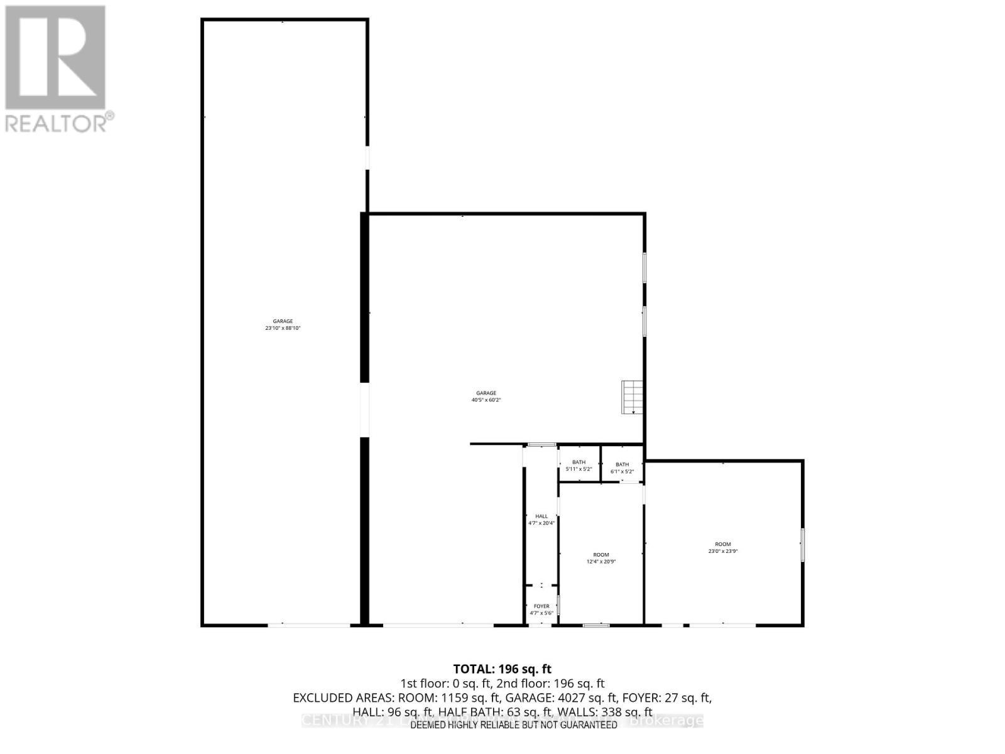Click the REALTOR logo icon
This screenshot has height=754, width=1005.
pos(55,57)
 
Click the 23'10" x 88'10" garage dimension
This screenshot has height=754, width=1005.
pos(283,328)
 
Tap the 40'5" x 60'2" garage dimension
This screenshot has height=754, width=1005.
pos(486,400)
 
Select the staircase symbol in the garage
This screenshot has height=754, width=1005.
pos(633,397)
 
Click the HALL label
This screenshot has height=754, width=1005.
pos(541,516)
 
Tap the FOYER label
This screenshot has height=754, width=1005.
pos(541,606)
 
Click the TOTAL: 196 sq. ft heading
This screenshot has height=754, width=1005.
pos(503,669)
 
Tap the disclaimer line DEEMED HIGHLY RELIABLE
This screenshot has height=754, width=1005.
pos(514,724)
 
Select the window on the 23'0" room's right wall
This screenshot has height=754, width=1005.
pos(803,545)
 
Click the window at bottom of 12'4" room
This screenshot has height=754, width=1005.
pos(596,625)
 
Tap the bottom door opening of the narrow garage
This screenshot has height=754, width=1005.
pos(309,625)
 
